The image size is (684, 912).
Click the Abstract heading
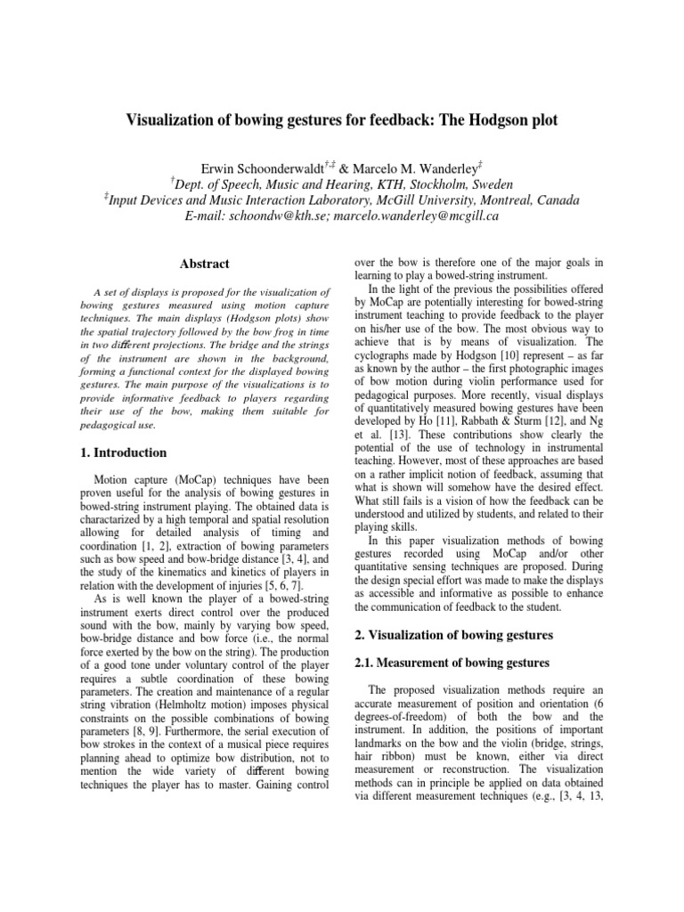tap(205, 264)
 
